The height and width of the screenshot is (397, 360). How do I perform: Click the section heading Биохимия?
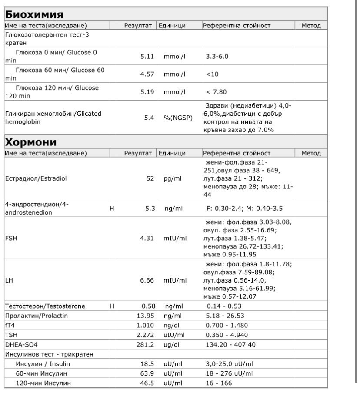(34, 14)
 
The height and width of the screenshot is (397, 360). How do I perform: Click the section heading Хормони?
(31, 142)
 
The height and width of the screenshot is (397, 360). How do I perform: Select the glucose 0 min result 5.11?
(147, 57)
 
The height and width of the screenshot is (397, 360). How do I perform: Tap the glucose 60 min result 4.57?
(147, 74)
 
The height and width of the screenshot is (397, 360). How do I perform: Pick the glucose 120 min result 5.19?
(147, 92)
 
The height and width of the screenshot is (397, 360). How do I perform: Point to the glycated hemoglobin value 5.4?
(149, 118)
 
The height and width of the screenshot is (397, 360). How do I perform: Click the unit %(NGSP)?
(178, 118)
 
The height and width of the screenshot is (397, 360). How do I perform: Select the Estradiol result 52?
(150, 178)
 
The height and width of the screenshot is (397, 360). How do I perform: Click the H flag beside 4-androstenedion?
(112, 209)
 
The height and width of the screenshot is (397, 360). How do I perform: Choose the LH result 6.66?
(147, 280)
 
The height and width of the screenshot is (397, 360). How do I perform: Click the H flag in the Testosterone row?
(112, 306)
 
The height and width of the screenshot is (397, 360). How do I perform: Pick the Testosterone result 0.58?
(148, 306)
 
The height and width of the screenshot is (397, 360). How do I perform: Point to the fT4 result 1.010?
(145, 325)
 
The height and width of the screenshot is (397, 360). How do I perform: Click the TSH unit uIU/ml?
(174, 335)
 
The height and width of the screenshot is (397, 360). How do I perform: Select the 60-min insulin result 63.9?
(147, 373)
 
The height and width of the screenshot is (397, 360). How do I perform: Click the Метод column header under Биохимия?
(311, 26)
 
